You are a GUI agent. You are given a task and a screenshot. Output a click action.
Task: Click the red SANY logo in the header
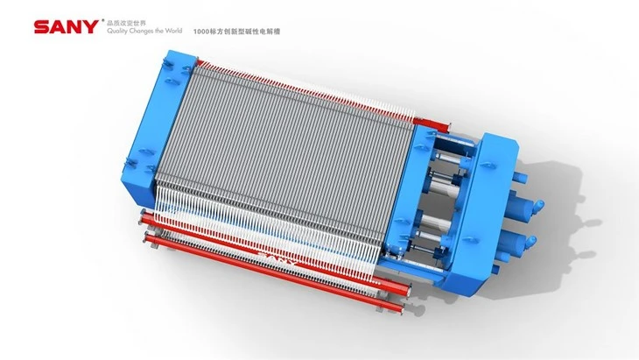pos(66,27)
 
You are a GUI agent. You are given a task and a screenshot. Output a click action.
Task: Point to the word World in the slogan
pos(173,31)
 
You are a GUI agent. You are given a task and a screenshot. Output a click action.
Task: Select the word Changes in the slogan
pos(141,31)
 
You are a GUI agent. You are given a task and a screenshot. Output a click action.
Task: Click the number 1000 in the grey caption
pos(201,32)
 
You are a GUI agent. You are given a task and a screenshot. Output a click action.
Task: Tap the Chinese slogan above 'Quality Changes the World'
pos(126,23)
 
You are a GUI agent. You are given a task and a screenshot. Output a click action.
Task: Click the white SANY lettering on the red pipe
pos(277,258)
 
